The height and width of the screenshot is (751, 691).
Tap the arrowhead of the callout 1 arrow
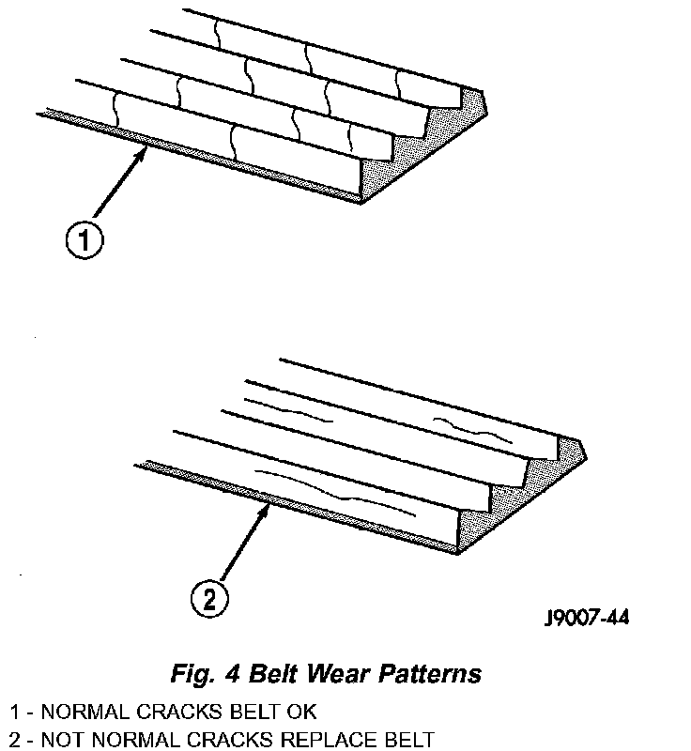click(146, 154)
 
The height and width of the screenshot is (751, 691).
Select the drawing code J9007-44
click(587, 618)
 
